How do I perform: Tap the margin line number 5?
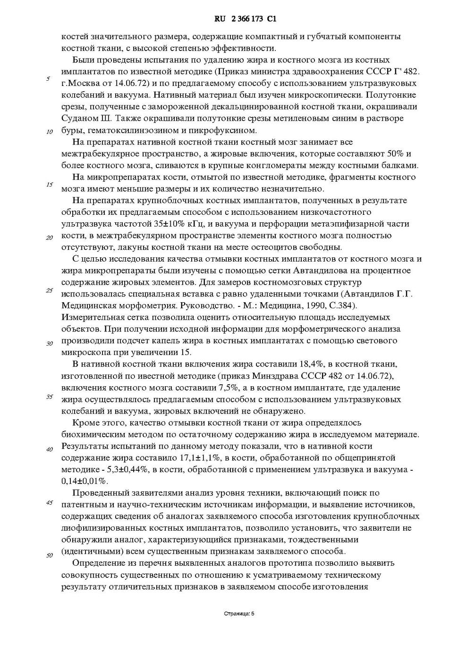(x=48, y=78)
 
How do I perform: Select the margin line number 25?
(x=49, y=290)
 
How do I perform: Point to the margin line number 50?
(x=49, y=555)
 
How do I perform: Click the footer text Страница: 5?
(x=239, y=614)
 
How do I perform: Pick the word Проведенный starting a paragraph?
(x=98, y=493)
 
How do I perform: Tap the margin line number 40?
(x=49, y=449)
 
